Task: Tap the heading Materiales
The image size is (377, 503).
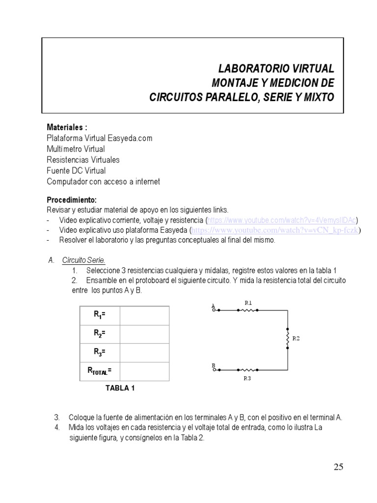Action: click(67, 127)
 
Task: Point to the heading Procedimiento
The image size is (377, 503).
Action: click(72, 200)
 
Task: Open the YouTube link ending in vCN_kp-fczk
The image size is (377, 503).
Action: click(274, 230)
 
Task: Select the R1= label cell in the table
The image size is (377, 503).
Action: click(100, 315)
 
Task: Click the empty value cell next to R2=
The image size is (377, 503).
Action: click(144, 334)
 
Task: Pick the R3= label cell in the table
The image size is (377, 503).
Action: click(100, 352)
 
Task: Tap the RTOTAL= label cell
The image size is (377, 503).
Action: click(100, 371)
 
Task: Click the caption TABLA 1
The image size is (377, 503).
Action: click(120, 388)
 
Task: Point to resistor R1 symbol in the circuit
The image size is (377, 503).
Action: click(248, 310)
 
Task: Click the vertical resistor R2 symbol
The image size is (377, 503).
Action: click(288, 338)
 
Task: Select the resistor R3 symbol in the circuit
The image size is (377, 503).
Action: click(248, 369)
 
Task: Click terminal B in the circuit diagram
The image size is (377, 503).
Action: click(214, 369)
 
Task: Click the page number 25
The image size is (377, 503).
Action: click(338, 467)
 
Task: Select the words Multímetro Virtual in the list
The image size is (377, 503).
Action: click(76, 149)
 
